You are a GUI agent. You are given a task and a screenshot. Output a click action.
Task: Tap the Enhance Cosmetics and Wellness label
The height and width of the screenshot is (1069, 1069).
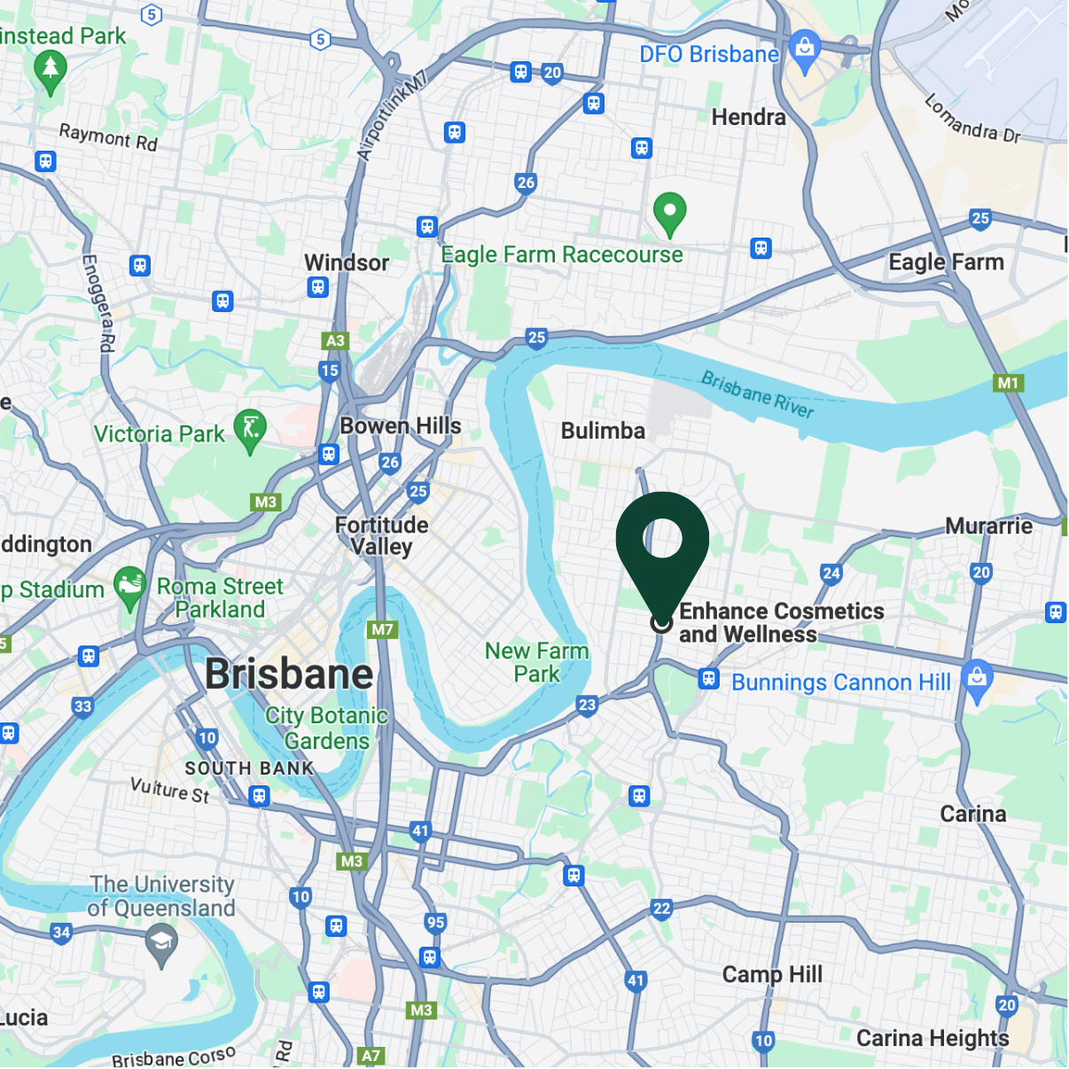[x=780, y=623]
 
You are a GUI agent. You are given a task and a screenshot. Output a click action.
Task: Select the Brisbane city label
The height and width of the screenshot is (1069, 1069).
[x=289, y=674]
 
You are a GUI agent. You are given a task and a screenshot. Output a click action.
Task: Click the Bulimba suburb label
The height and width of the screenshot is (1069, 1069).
[x=603, y=431]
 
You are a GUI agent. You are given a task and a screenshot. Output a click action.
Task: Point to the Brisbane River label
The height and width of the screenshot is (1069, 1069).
[x=757, y=394]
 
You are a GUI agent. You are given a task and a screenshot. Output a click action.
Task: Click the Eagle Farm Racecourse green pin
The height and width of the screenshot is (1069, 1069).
[x=669, y=213]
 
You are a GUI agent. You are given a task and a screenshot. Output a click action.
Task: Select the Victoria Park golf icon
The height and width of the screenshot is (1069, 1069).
[x=250, y=429]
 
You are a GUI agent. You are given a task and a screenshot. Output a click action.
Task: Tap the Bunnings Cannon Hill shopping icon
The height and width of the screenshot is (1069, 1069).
[x=977, y=680]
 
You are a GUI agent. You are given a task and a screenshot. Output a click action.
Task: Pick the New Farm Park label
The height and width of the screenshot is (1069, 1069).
[x=536, y=662]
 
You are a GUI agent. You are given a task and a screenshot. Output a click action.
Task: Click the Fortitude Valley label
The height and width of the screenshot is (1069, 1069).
[x=381, y=535]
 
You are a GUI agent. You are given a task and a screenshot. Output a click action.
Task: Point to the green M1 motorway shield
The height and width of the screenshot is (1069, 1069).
[x=1008, y=383]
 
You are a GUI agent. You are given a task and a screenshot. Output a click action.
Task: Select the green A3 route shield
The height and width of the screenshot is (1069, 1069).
[x=335, y=340]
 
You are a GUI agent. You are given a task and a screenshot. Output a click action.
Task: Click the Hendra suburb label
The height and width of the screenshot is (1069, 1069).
[x=748, y=117]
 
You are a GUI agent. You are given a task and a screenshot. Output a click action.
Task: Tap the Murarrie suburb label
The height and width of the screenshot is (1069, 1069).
[x=988, y=526]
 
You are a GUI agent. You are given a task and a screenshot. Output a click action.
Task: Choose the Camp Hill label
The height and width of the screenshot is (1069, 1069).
[x=772, y=974]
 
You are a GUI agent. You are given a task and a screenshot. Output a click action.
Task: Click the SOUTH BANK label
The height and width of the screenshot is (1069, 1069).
[x=249, y=769]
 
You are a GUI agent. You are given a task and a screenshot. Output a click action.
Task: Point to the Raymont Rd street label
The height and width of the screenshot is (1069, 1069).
[x=108, y=137]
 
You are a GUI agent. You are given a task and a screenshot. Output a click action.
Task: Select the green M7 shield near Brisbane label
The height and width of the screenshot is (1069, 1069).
[x=382, y=629]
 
